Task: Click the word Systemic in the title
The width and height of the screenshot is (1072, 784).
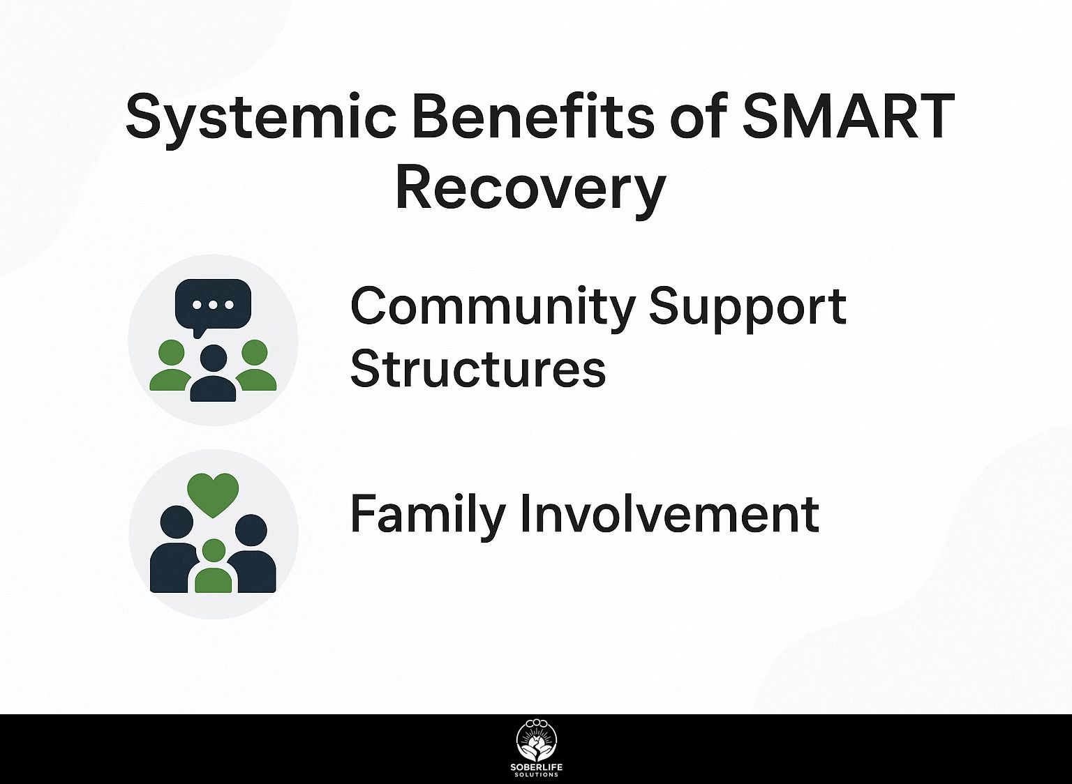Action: point(261,118)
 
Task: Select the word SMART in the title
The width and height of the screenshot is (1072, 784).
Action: point(848,116)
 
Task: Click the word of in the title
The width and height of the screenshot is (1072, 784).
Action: point(697,115)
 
